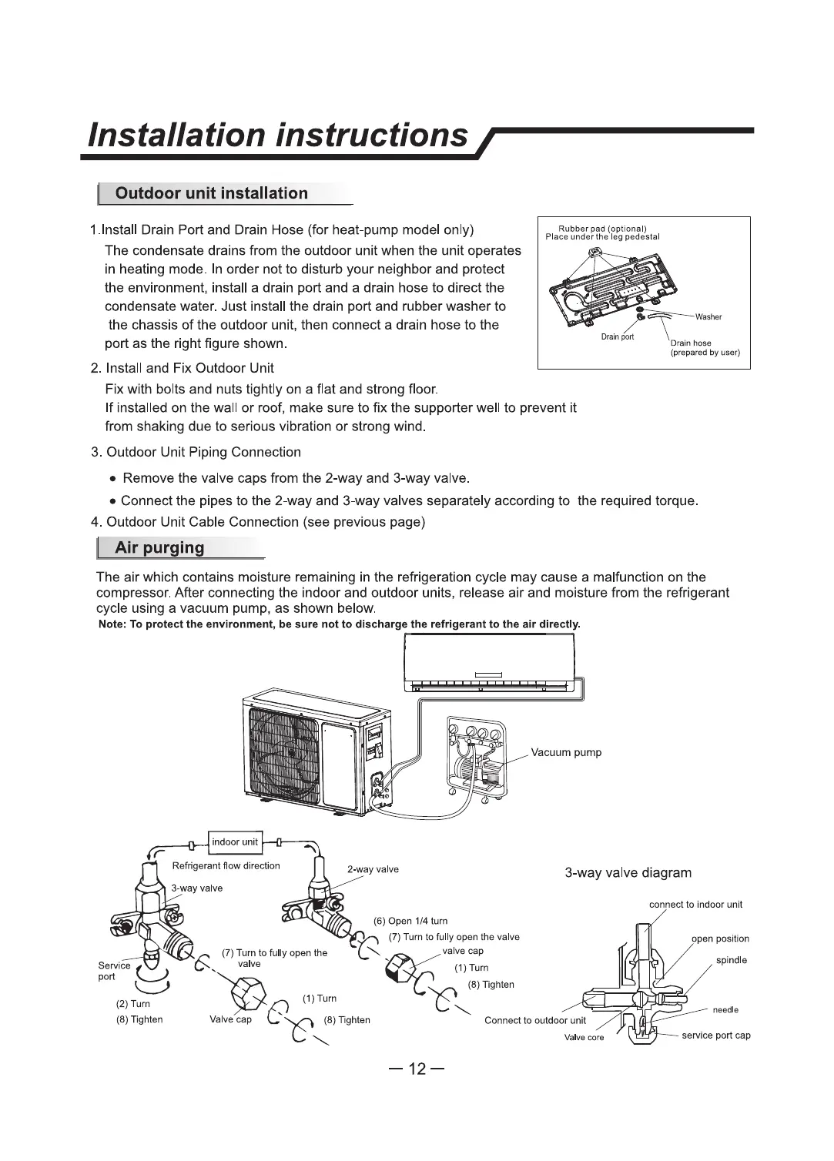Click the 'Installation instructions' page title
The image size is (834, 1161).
278,135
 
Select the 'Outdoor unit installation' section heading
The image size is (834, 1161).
211,193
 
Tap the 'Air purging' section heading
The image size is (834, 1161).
159,548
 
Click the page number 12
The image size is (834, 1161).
417,1069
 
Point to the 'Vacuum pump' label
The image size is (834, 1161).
566,752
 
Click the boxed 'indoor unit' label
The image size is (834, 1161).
235,841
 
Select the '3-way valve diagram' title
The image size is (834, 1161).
628,873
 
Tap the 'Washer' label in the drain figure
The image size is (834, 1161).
708,317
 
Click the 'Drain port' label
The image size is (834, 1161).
618,337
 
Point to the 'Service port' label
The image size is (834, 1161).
114,971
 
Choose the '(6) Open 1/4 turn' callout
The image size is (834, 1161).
410,921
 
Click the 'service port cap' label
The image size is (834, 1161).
715,1035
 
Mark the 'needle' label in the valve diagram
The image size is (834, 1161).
725,1009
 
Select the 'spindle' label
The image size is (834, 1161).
731,960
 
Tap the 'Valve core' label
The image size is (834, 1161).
584,1037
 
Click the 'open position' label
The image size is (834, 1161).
719,939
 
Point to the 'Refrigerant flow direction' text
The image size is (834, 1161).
226,866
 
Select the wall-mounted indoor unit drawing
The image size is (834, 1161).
490,661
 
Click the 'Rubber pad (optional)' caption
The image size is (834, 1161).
602,229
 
